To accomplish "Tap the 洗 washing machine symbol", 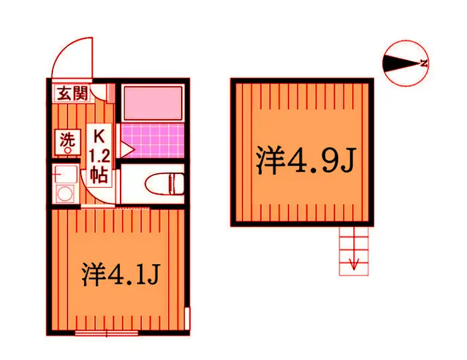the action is click(x=68, y=142).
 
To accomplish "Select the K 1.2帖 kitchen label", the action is click(x=99, y=156).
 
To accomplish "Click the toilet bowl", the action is click(x=162, y=183).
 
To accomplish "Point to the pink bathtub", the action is click(x=153, y=103).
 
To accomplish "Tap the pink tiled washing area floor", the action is click(x=153, y=141).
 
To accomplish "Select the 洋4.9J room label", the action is click(x=306, y=161).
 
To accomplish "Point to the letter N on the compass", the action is click(x=424, y=63).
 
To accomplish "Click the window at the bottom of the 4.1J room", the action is click(x=106, y=333).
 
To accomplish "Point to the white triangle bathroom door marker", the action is click(x=127, y=149).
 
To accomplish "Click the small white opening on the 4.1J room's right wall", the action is click(x=187, y=318).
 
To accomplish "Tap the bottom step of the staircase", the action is click(x=354, y=270).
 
